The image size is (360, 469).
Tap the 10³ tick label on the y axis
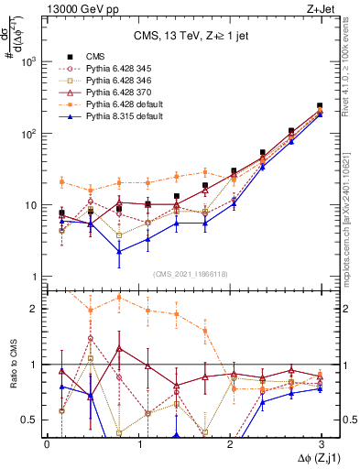coord(28,62)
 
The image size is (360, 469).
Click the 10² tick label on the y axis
coord(28,134)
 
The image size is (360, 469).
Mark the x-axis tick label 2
coord(229,442)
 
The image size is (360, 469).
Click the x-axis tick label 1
coord(137,442)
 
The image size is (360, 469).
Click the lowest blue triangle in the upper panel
coord(119,252)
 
